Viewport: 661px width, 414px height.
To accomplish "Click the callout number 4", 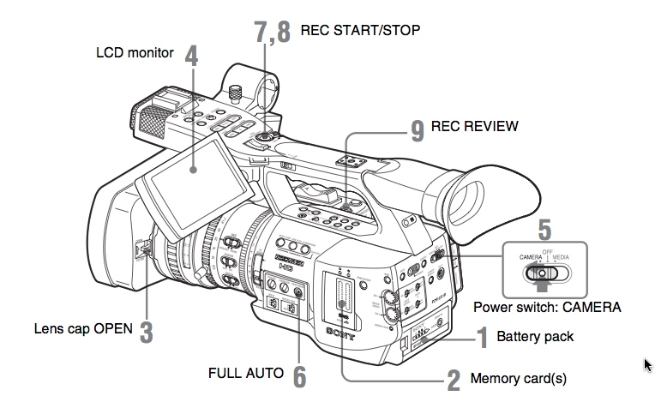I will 190,56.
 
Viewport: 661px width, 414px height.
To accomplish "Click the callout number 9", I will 417,129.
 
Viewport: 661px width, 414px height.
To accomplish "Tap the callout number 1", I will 483,337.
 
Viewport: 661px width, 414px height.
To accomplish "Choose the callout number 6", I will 298,375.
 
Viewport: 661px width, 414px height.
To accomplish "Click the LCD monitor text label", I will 135,53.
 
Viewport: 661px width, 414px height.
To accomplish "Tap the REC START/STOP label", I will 360,30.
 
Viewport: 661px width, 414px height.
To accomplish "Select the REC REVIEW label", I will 474,127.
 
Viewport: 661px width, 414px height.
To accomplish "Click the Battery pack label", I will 535,337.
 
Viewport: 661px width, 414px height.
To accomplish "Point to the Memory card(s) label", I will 519,378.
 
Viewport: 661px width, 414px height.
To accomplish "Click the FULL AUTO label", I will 245,374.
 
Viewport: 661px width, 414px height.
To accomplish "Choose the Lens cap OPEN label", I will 83,328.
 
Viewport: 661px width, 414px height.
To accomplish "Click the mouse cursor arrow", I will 648,366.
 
